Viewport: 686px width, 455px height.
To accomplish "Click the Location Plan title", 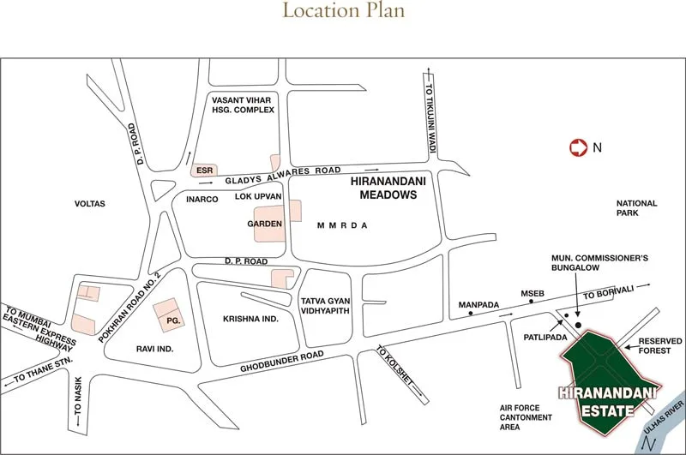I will click(343, 11).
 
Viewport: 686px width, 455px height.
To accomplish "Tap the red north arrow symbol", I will click(578, 147).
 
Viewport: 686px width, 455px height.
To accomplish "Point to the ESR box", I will click(204, 170).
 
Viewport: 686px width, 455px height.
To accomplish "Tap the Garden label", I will click(264, 224).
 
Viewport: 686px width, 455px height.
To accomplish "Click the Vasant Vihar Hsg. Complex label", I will click(243, 105).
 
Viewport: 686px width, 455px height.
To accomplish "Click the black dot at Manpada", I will click(470, 314).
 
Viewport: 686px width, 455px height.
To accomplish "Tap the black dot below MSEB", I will click(532, 302).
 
